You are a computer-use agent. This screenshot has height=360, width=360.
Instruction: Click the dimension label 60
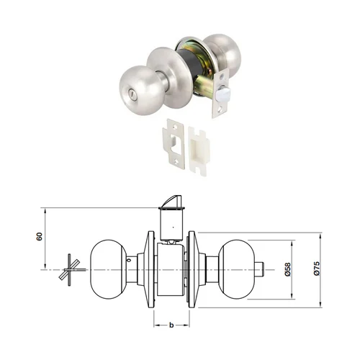(40, 236)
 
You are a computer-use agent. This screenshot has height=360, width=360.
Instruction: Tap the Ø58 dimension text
(288, 269)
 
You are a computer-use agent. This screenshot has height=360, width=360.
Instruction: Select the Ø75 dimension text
(317, 269)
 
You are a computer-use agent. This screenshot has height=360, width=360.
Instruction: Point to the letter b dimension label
(171, 325)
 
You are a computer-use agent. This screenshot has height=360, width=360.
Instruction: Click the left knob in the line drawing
(109, 269)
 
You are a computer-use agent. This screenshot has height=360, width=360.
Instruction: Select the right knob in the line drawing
(236, 269)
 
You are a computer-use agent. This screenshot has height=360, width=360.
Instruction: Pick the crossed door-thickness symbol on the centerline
(71, 270)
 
